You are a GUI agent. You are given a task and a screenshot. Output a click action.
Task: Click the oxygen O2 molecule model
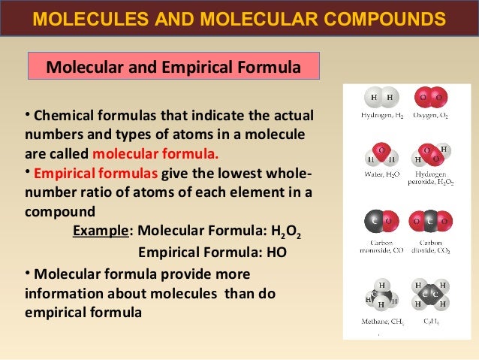(432, 98)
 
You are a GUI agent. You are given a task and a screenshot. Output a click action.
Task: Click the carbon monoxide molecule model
(381, 222)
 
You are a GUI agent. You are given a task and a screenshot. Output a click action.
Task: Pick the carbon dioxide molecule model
(432, 222)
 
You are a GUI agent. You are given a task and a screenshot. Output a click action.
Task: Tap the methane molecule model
(381, 295)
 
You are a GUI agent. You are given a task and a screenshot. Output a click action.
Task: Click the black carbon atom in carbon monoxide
(374, 222)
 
